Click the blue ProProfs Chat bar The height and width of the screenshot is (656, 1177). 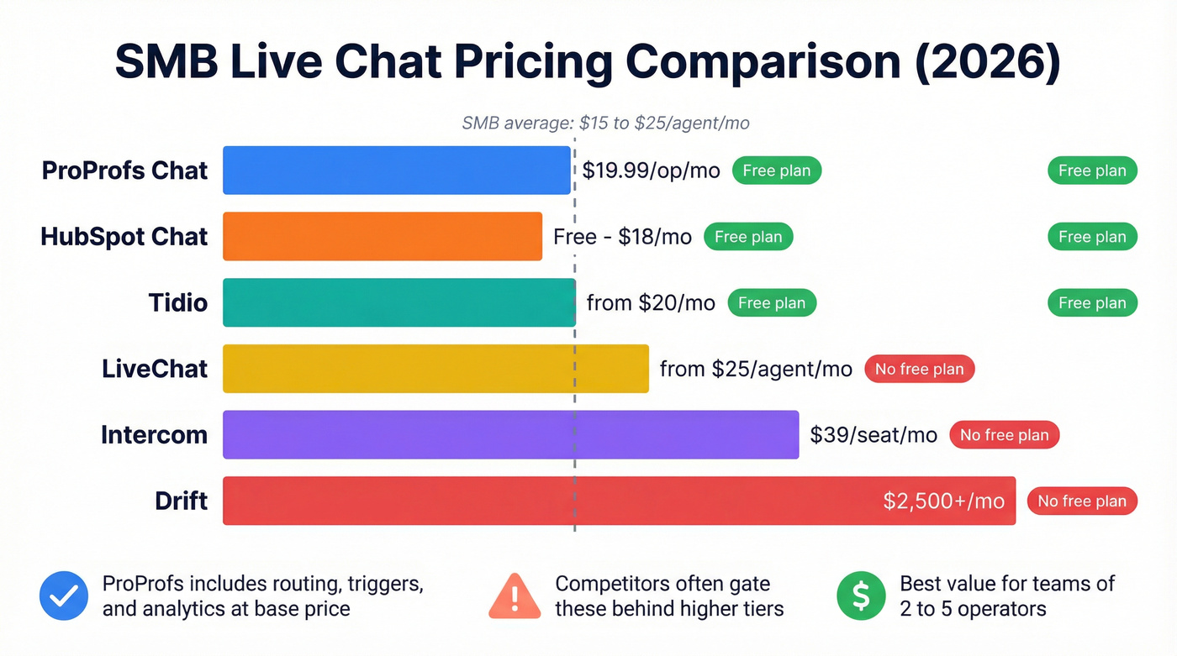[x=396, y=171]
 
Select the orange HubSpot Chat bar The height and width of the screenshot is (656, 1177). [x=383, y=237]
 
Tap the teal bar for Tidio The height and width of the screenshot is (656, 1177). [x=398, y=303]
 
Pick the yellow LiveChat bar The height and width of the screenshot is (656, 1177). [x=435, y=369]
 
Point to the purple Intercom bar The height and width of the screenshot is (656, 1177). [x=510, y=435]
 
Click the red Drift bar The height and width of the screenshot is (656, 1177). [x=546, y=501]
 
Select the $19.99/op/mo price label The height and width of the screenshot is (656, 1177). [x=651, y=171]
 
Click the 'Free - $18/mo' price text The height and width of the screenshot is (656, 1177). [x=622, y=237]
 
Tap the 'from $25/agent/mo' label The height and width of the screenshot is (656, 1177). [x=756, y=369]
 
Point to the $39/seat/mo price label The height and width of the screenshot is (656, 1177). [x=874, y=435]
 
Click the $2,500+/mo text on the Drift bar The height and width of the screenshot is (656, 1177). [x=943, y=501]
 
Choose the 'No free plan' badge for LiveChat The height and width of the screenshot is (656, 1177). [x=919, y=369]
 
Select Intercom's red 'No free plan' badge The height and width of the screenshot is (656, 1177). [x=1004, y=435]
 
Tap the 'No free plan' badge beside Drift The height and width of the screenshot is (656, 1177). [x=1082, y=501]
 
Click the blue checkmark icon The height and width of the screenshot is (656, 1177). [x=64, y=596]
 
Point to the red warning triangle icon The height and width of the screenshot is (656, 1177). [x=515, y=596]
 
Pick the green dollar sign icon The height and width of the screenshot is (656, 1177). [x=861, y=596]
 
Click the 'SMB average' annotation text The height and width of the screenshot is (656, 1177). [x=605, y=123]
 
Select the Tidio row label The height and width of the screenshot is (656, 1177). [x=177, y=303]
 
